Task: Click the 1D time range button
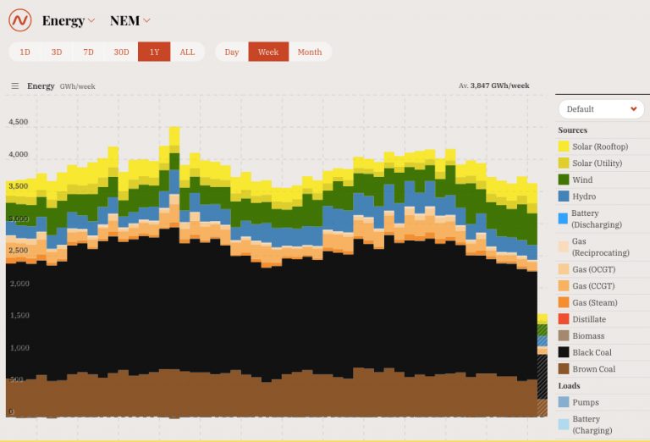(x=25, y=52)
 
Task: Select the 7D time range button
(x=89, y=52)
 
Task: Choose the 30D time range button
(x=122, y=52)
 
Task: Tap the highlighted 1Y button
(x=154, y=52)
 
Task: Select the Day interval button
(x=231, y=52)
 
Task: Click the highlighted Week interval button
(x=268, y=52)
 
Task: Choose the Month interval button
(x=309, y=52)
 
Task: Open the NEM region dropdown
(x=130, y=20)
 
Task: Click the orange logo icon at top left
(x=19, y=20)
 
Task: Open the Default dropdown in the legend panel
(x=601, y=109)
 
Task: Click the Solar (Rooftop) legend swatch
(x=564, y=146)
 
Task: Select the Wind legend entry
(x=582, y=180)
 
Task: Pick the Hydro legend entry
(x=584, y=196)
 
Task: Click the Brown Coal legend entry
(x=593, y=369)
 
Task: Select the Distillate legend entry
(x=588, y=319)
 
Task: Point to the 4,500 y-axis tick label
(x=18, y=122)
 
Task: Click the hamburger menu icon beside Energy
(x=15, y=86)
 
